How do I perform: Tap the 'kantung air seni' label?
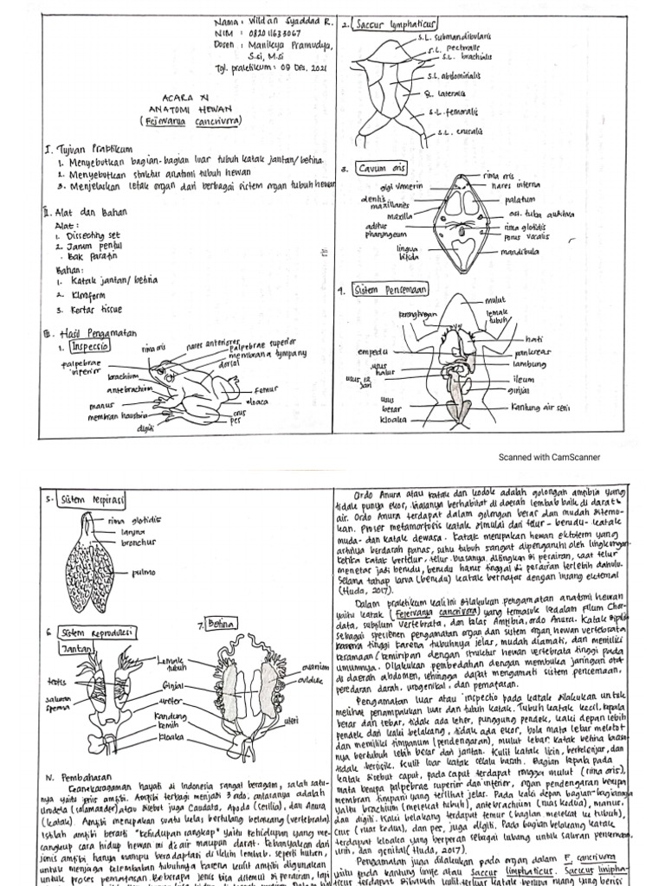pos(542,406)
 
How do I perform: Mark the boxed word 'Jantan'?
pos(77,646)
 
